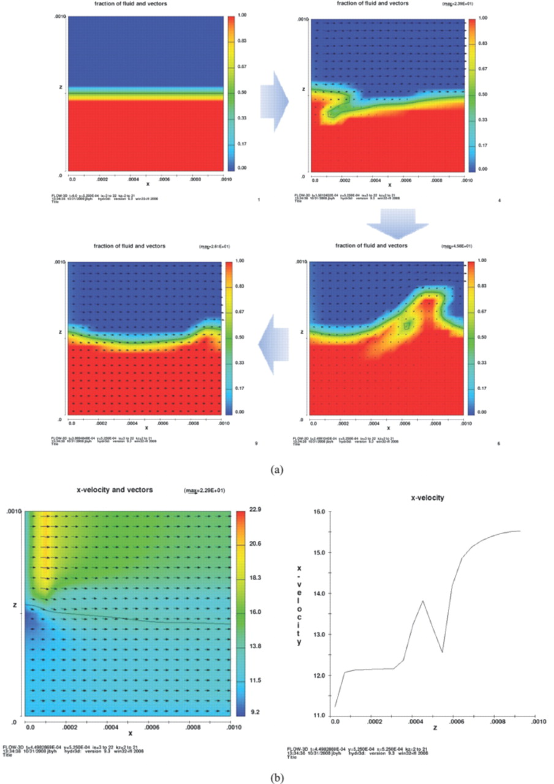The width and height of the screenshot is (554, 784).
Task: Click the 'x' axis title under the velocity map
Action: (x=130, y=733)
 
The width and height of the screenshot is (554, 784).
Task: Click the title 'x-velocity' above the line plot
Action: (x=427, y=498)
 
